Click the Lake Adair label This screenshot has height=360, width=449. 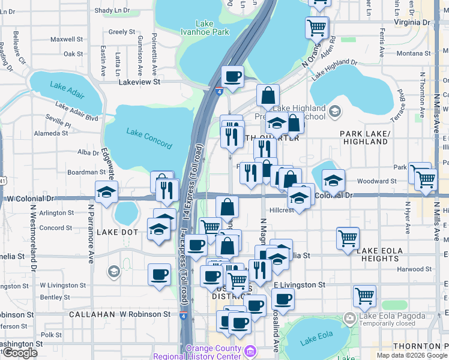pyautogui.click(x=66, y=86)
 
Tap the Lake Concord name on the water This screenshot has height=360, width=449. pyautogui.click(x=149, y=135)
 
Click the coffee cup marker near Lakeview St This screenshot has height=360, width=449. pyautogui.click(x=232, y=77)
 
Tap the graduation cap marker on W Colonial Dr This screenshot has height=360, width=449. pyautogui.click(x=106, y=193)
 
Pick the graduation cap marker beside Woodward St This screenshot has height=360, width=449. pyautogui.click(x=333, y=180)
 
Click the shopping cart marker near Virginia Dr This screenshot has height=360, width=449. pyautogui.click(x=316, y=26)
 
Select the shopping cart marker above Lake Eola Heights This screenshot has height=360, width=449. pyautogui.click(x=348, y=238)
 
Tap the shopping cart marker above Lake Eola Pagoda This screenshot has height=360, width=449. pyautogui.click(x=364, y=296)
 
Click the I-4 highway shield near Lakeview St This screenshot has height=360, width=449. pyautogui.click(x=219, y=91)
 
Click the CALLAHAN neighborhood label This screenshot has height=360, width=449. pyautogui.click(x=89, y=314)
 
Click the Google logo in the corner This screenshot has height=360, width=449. pyautogui.click(x=20, y=353)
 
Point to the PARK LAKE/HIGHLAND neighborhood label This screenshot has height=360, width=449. pyautogui.click(x=364, y=137)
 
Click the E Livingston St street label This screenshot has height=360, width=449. pyautogui.click(x=300, y=284)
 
